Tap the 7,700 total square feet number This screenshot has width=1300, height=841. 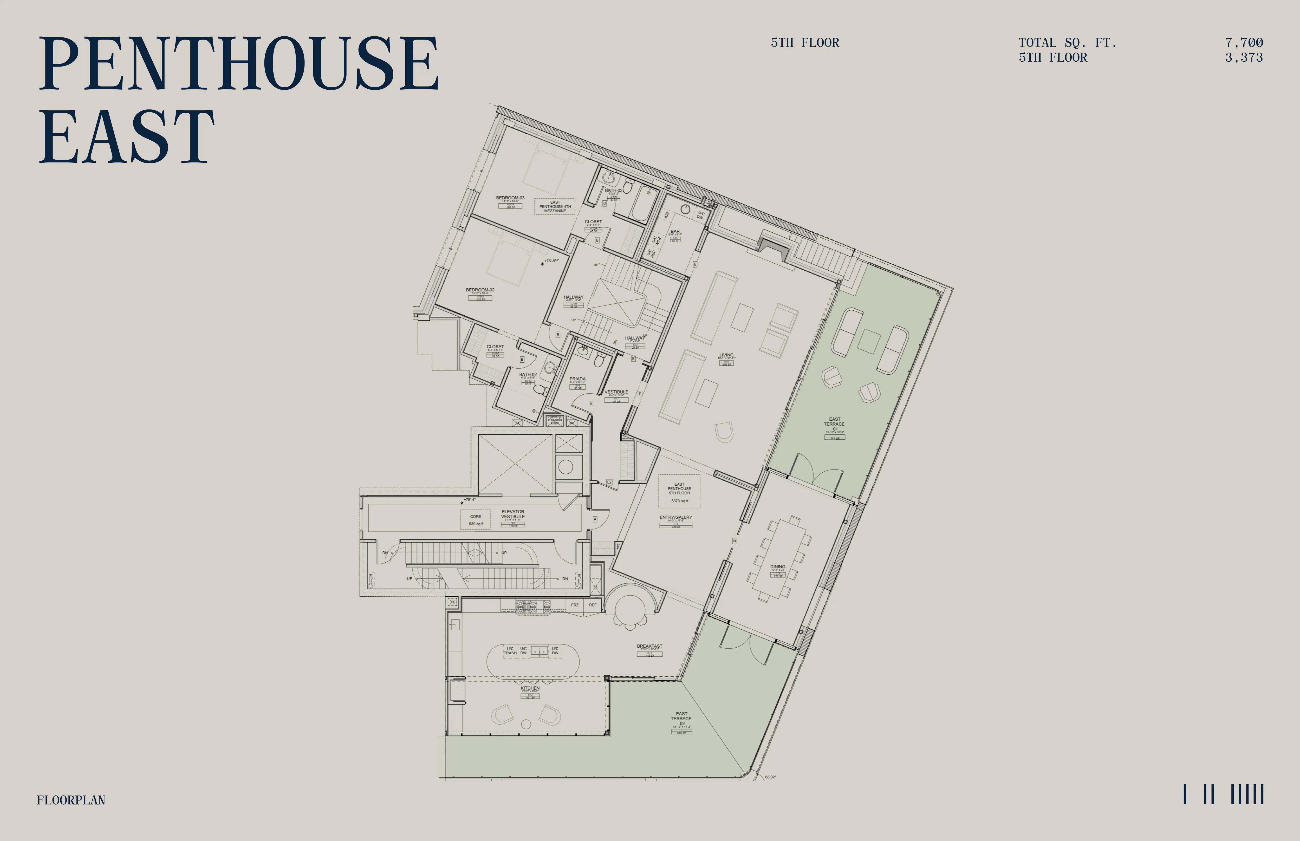click(x=1244, y=43)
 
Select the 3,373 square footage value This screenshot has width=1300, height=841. click(x=1244, y=57)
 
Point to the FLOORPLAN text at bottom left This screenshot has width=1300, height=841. click(x=71, y=800)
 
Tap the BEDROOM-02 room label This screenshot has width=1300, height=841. click(x=480, y=290)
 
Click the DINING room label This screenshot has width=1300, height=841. click(x=778, y=567)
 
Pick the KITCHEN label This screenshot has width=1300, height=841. click(x=530, y=688)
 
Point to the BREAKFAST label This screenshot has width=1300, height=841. click(x=649, y=646)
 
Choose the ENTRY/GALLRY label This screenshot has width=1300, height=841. click(x=676, y=517)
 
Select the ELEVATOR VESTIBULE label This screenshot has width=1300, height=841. click(x=513, y=514)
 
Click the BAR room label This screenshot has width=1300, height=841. click(x=675, y=232)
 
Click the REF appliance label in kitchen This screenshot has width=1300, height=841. click(x=593, y=605)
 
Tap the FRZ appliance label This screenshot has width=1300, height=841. click(x=575, y=605)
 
